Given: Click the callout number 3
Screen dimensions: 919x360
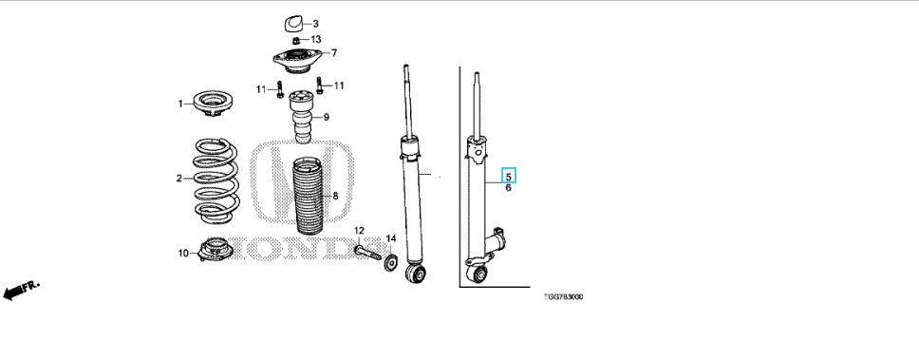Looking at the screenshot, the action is tap(315, 24).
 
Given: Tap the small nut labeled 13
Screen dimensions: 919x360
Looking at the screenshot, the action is tap(296, 40).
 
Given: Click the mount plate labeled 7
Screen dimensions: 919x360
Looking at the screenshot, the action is tap(297, 61).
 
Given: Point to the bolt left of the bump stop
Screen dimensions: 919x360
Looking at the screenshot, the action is tap(279, 89).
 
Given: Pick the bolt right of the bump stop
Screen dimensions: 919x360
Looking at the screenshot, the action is tap(319, 85).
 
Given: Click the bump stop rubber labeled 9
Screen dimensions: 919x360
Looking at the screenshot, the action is tap(304, 116).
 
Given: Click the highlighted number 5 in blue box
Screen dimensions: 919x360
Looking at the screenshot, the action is tap(508, 176).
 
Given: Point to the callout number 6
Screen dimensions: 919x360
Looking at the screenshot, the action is tap(508, 188).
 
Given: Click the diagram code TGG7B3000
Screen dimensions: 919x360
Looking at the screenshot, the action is tap(563, 296).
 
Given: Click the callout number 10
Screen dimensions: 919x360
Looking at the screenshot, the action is tap(183, 254).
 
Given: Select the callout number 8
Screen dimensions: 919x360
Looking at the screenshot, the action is tap(335, 196).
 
